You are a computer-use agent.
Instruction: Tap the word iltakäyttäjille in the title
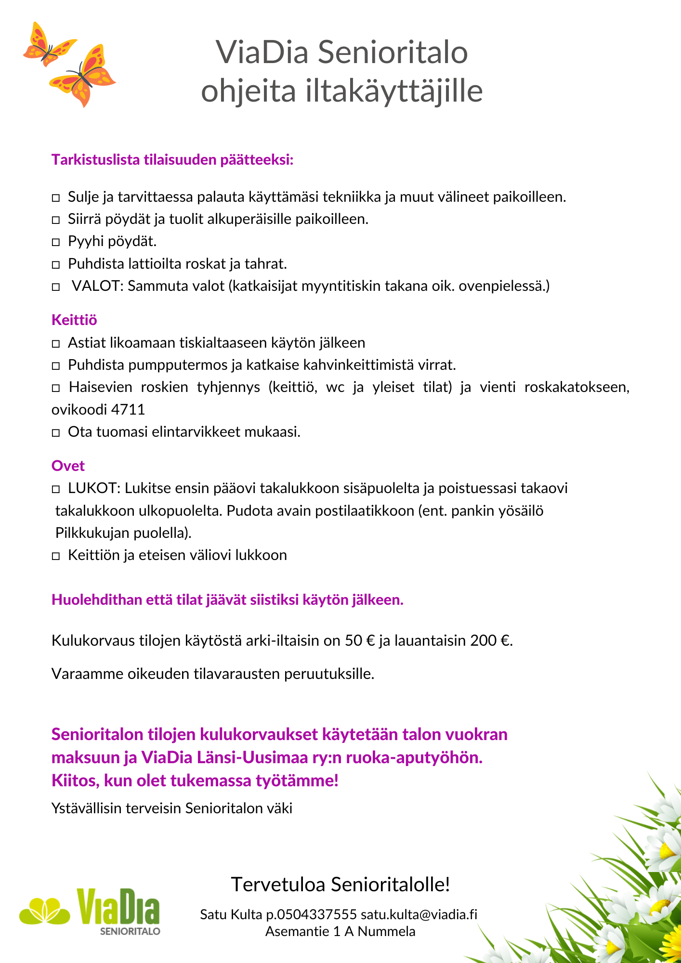(393, 91)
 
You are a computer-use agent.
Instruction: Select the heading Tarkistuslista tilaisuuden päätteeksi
(172, 159)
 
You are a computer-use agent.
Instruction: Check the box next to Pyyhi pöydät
(56, 242)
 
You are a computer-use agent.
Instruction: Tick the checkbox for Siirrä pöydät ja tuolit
(56, 220)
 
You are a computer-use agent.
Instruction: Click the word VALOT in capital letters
(98, 286)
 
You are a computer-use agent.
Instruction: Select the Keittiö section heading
(74, 320)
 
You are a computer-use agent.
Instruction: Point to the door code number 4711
(128, 409)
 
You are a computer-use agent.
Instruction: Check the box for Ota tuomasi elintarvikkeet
(56, 432)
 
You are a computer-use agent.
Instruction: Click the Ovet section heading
(68, 466)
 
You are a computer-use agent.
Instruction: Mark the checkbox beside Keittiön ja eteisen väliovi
(56, 556)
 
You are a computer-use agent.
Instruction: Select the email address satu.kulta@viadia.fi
(419, 914)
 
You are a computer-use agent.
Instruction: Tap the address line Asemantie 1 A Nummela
(340, 931)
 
